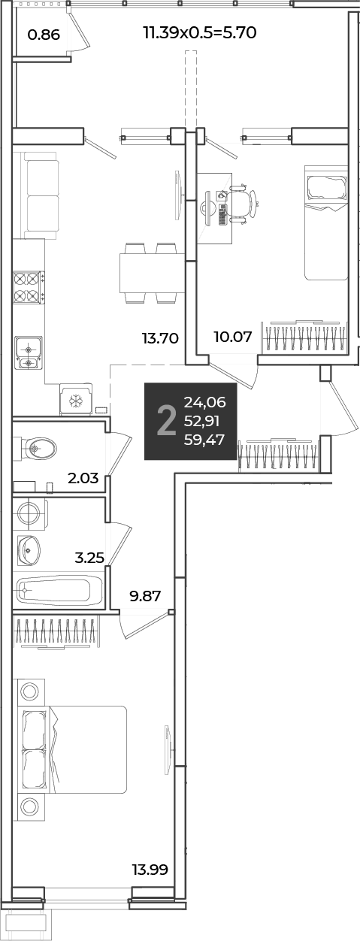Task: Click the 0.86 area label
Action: pos(44,34)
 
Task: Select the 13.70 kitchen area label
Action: pos(161,337)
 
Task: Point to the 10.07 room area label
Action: pos(233,336)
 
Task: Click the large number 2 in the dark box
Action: pos(166,422)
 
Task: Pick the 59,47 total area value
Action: pos(204,440)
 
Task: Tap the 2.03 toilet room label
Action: pos(83,478)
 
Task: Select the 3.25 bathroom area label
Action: pos(89,558)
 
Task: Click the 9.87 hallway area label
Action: pos(145,595)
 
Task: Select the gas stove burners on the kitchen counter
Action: pos(29,287)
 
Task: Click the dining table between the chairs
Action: pos(153,273)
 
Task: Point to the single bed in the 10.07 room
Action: pos(326,223)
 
